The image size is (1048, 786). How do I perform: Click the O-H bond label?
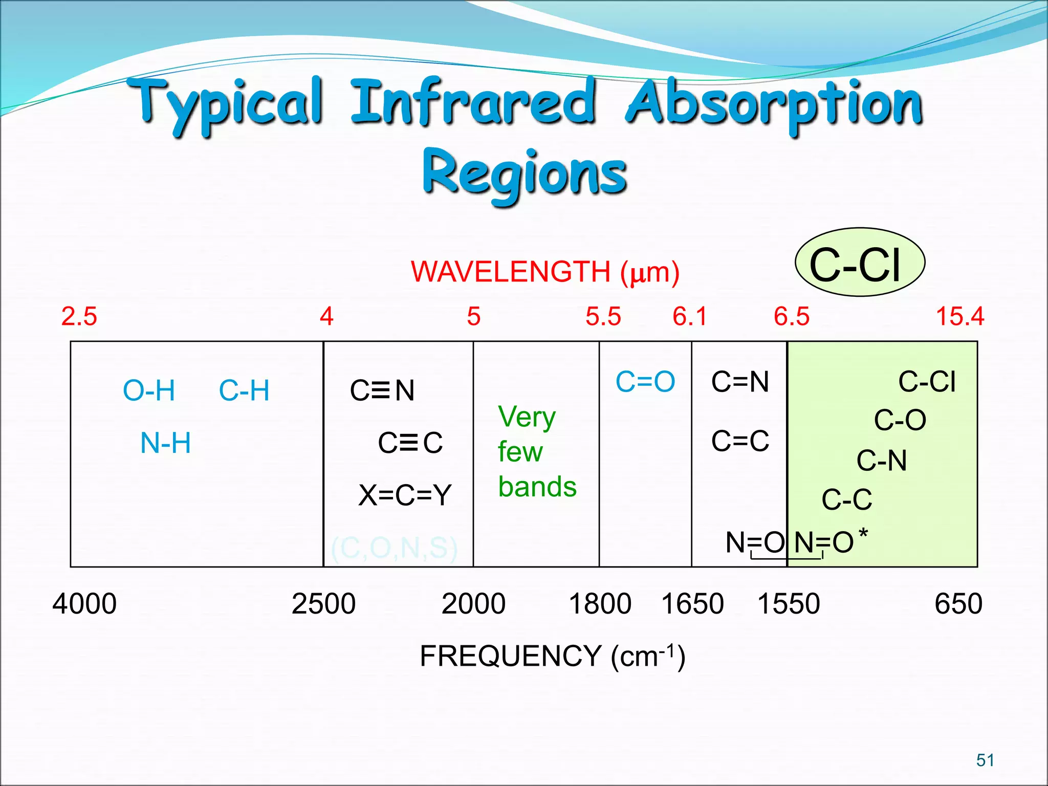(149, 391)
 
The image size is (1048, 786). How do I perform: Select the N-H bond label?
(165, 443)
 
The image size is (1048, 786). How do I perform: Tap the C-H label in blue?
(244, 391)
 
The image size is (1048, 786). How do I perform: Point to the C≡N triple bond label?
(382, 390)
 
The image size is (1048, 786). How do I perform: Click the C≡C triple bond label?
(410, 443)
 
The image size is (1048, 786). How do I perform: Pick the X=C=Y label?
(405, 495)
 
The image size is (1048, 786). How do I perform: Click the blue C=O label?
(645, 382)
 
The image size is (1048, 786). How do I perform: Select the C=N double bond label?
(740, 382)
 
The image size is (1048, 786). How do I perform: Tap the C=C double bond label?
(740, 441)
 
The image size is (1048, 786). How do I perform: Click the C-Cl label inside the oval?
(855, 265)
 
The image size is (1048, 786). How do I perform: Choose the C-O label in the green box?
(900, 421)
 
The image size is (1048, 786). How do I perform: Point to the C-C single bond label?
(847, 499)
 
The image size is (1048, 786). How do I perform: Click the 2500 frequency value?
(323, 604)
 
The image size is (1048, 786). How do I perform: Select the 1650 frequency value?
(692, 604)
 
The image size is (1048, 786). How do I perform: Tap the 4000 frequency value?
(84, 604)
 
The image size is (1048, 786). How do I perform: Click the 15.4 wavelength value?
(960, 316)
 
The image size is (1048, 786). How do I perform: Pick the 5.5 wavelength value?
(603, 316)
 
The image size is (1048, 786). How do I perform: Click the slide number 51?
(985, 760)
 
